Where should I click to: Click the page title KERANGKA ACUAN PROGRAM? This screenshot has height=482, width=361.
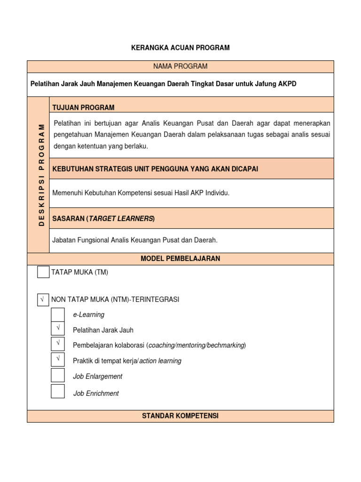coord(180,48)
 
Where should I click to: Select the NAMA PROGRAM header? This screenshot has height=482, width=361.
coord(180,66)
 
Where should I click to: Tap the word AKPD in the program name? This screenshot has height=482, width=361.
coord(287,84)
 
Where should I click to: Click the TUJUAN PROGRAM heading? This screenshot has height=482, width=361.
coord(84,107)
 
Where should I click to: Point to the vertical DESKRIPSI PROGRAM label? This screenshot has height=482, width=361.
coord(41,175)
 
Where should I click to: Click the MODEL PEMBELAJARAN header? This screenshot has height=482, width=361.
coord(180,258)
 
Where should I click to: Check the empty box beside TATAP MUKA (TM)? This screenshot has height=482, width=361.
coord(43,272)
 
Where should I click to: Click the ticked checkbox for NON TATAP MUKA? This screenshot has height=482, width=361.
coord(43,299)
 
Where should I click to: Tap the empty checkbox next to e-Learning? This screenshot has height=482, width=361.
coord(58,314)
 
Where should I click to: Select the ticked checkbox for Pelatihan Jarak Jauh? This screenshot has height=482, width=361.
coord(58,329)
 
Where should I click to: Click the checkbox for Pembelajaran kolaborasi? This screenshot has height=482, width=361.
coord(58,345)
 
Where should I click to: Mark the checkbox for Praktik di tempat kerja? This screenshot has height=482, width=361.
coord(58,360)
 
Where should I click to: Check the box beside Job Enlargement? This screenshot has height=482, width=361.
coord(58,376)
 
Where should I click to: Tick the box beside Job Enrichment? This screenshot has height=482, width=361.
coord(58,392)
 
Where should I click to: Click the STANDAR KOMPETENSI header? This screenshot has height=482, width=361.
coord(180,416)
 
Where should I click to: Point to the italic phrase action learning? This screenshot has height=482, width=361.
coord(160,361)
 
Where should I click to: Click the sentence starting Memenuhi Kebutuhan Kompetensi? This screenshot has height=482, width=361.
coord(141,193)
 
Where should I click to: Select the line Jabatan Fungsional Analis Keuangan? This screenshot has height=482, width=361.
coord(135,240)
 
